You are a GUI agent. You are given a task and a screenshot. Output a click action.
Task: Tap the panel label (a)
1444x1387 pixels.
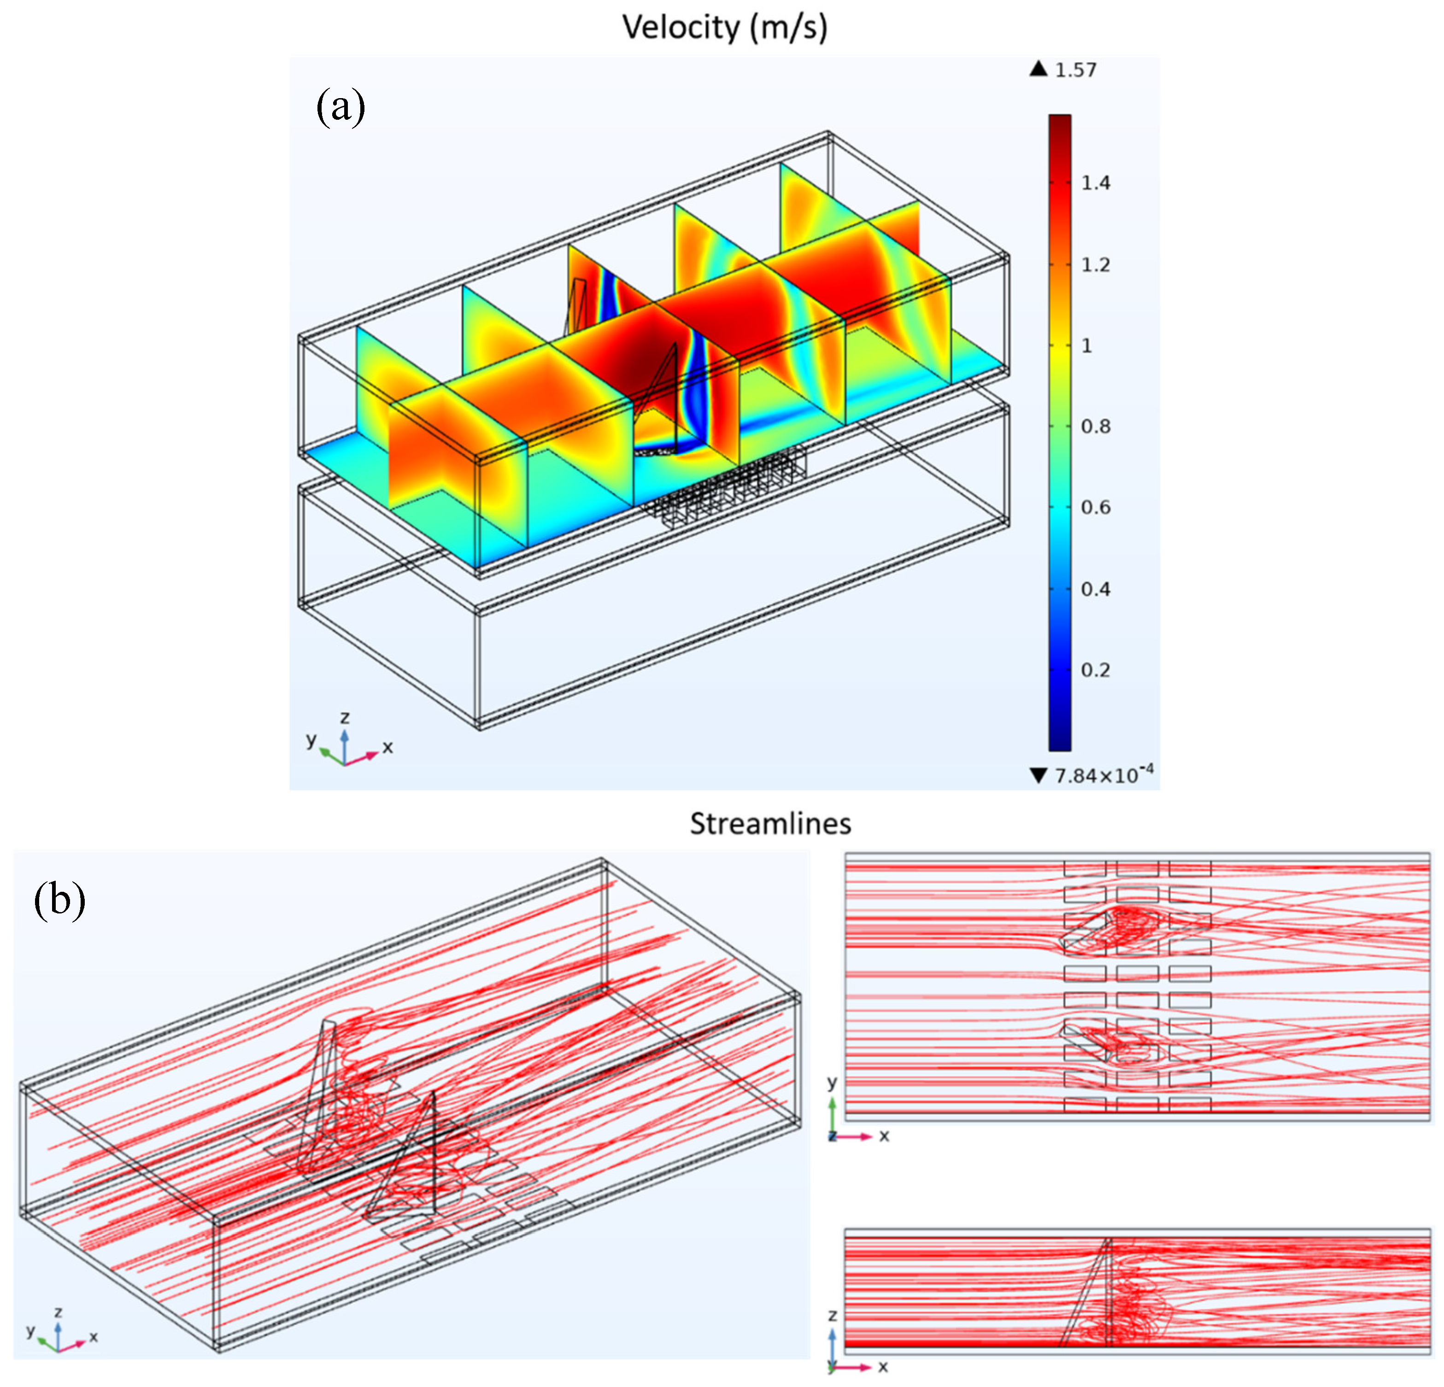coord(340,107)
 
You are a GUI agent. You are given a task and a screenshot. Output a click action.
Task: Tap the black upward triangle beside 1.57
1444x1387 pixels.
coord(1039,69)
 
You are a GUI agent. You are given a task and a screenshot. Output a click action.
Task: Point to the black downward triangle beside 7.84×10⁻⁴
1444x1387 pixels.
coord(1039,776)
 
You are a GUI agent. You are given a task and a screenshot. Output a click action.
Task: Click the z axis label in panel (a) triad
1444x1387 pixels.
coord(345,717)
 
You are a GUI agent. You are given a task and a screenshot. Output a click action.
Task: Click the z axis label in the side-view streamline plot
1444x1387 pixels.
coord(833,1315)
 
